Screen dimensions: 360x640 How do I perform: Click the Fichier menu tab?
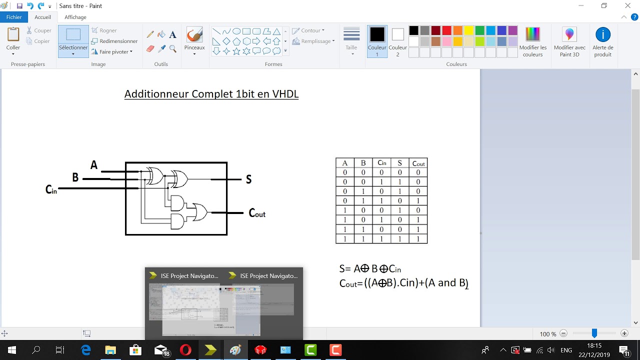tap(14, 17)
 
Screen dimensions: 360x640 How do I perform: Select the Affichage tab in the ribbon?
tap(75, 17)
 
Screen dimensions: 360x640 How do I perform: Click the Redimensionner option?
tap(114, 41)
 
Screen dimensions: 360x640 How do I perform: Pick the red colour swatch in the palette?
tap(446, 30)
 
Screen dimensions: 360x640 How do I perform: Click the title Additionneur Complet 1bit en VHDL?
tap(211, 94)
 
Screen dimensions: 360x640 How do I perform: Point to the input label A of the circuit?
tap(94, 165)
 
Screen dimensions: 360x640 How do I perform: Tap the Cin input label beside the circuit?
tap(51, 189)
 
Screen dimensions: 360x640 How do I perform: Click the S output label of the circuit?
tap(248, 179)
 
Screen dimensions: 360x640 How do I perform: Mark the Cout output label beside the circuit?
tap(257, 213)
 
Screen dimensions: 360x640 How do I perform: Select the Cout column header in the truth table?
tap(418, 163)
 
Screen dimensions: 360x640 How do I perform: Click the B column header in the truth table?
tap(363, 163)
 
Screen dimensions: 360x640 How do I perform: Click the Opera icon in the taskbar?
tap(185, 350)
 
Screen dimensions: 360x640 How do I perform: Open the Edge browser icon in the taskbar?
tap(86, 350)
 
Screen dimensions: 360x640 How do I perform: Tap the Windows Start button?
tap(11, 350)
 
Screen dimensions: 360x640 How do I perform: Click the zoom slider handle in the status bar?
tap(594, 333)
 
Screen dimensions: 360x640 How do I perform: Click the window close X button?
tap(628, 5)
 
